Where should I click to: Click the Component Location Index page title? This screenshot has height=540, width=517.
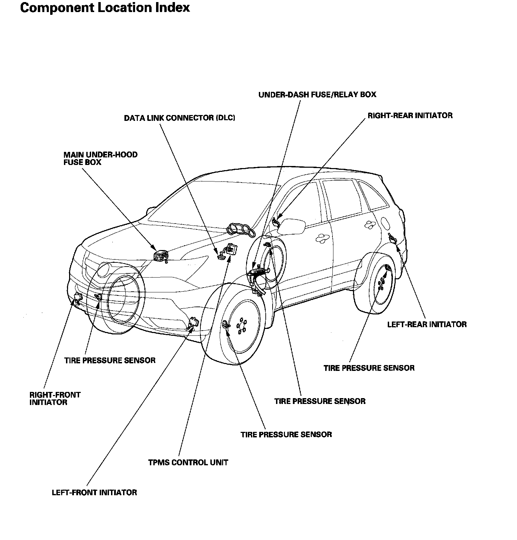pos(105,8)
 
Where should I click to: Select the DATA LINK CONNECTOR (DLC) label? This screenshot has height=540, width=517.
pos(179,118)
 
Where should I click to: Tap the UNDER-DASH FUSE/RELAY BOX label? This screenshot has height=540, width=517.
pos(317,94)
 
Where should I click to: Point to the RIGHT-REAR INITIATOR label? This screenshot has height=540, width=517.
pos(410,115)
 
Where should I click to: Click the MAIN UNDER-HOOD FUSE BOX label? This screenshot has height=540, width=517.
pos(100,158)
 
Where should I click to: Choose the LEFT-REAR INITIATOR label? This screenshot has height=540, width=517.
pos(427,324)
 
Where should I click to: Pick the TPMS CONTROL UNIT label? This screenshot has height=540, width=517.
pos(188,462)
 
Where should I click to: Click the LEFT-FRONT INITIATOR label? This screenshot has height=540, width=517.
pos(94,492)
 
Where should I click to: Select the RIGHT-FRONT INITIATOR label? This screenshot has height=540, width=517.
pos(55,398)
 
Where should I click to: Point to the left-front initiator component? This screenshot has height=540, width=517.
pos(194,323)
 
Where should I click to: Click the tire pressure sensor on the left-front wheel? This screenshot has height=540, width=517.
pos(225,325)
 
